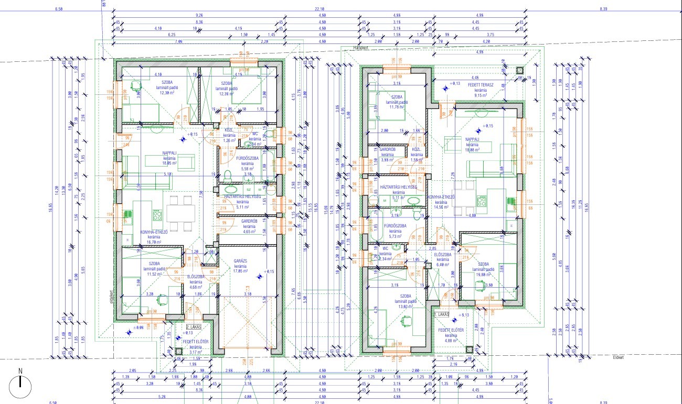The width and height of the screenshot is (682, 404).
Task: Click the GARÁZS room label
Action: [x=240, y=266]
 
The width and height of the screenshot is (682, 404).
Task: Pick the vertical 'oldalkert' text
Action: [x=111, y=298]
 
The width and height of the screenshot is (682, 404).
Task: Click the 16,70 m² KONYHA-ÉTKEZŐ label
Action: [x=154, y=236]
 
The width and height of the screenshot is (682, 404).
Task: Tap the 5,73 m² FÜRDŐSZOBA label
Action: [x=392, y=231]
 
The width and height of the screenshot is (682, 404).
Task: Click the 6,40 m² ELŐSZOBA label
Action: [x=443, y=260]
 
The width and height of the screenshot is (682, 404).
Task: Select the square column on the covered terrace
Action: [x=520, y=71]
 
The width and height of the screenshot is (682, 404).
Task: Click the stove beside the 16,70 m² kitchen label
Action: [x=156, y=215]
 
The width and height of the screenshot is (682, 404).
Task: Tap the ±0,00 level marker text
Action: [x=138, y=327]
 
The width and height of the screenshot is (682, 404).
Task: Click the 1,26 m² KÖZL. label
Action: [x=229, y=135]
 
